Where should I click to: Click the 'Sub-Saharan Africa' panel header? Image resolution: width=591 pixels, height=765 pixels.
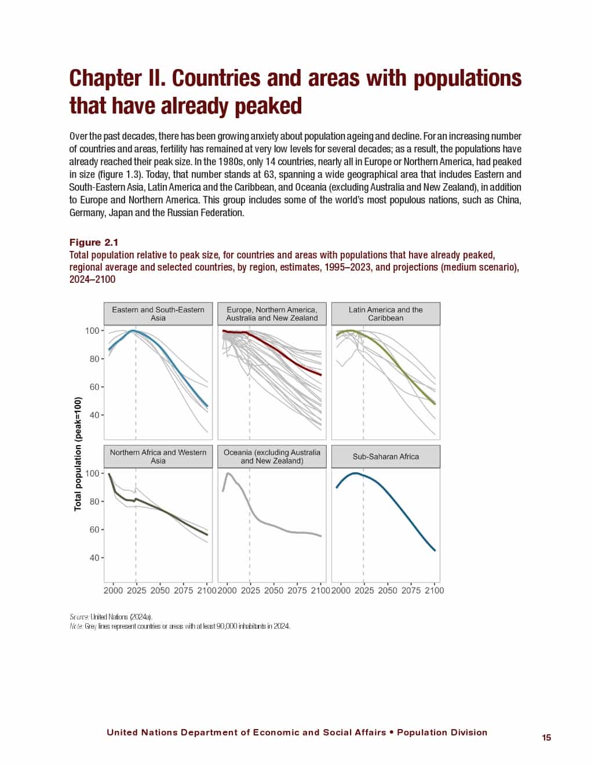pyautogui.click(x=385, y=457)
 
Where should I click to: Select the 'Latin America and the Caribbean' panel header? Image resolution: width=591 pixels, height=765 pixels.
pyautogui.click(x=385, y=314)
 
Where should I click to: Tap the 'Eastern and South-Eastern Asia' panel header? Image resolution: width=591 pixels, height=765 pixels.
pyautogui.click(x=158, y=314)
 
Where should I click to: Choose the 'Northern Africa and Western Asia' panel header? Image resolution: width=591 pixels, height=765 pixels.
pyautogui.click(x=158, y=457)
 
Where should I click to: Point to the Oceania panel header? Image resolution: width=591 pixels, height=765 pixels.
pyautogui.click(x=272, y=457)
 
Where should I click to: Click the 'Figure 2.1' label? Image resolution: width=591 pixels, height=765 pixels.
pyautogui.click(x=94, y=242)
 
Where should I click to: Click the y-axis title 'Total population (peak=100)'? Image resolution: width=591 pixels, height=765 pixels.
pyautogui.click(x=78, y=454)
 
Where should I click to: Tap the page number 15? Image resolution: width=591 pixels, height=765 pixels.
pyautogui.click(x=546, y=738)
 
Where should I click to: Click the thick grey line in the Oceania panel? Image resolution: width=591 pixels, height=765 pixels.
pyautogui.click(x=278, y=526)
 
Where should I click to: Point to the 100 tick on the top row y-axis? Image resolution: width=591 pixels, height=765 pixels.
pyautogui.click(x=92, y=331)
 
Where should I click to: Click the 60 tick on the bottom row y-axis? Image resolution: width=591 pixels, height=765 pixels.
pyautogui.click(x=94, y=530)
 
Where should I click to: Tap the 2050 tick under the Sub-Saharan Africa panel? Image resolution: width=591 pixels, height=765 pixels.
pyautogui.click(x=388, y=591)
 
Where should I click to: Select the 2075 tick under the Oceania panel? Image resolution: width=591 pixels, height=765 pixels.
pyautogui.click(x=297, y=591)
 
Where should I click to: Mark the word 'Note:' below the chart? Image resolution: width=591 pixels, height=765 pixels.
pyautogui.click(x=76, y=626)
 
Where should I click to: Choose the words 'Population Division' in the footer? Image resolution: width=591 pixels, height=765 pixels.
pyautogui.click(x=442, y=733)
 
